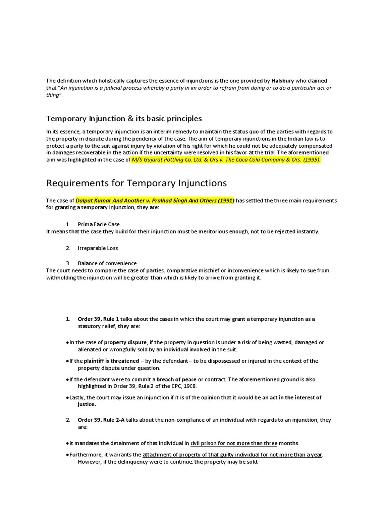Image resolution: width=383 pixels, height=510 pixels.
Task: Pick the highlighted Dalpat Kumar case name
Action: tap(155, 200)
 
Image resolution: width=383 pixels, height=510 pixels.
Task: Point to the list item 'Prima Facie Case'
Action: tap(99, 224)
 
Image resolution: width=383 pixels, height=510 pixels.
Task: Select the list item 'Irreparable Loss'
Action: tap(98, 248)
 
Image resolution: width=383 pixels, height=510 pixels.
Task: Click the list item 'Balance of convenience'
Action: tap(107, 263)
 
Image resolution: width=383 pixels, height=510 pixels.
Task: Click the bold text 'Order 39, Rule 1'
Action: tap(99, 319)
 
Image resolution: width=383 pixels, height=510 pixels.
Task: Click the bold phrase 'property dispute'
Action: tap(125, 342)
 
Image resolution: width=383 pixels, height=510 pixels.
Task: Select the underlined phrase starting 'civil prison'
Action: tap(234, 443)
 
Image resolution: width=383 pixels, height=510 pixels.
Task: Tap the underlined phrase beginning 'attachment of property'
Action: tap(232, 454)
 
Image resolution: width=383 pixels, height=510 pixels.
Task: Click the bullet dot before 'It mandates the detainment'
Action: tap(67, 443)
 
